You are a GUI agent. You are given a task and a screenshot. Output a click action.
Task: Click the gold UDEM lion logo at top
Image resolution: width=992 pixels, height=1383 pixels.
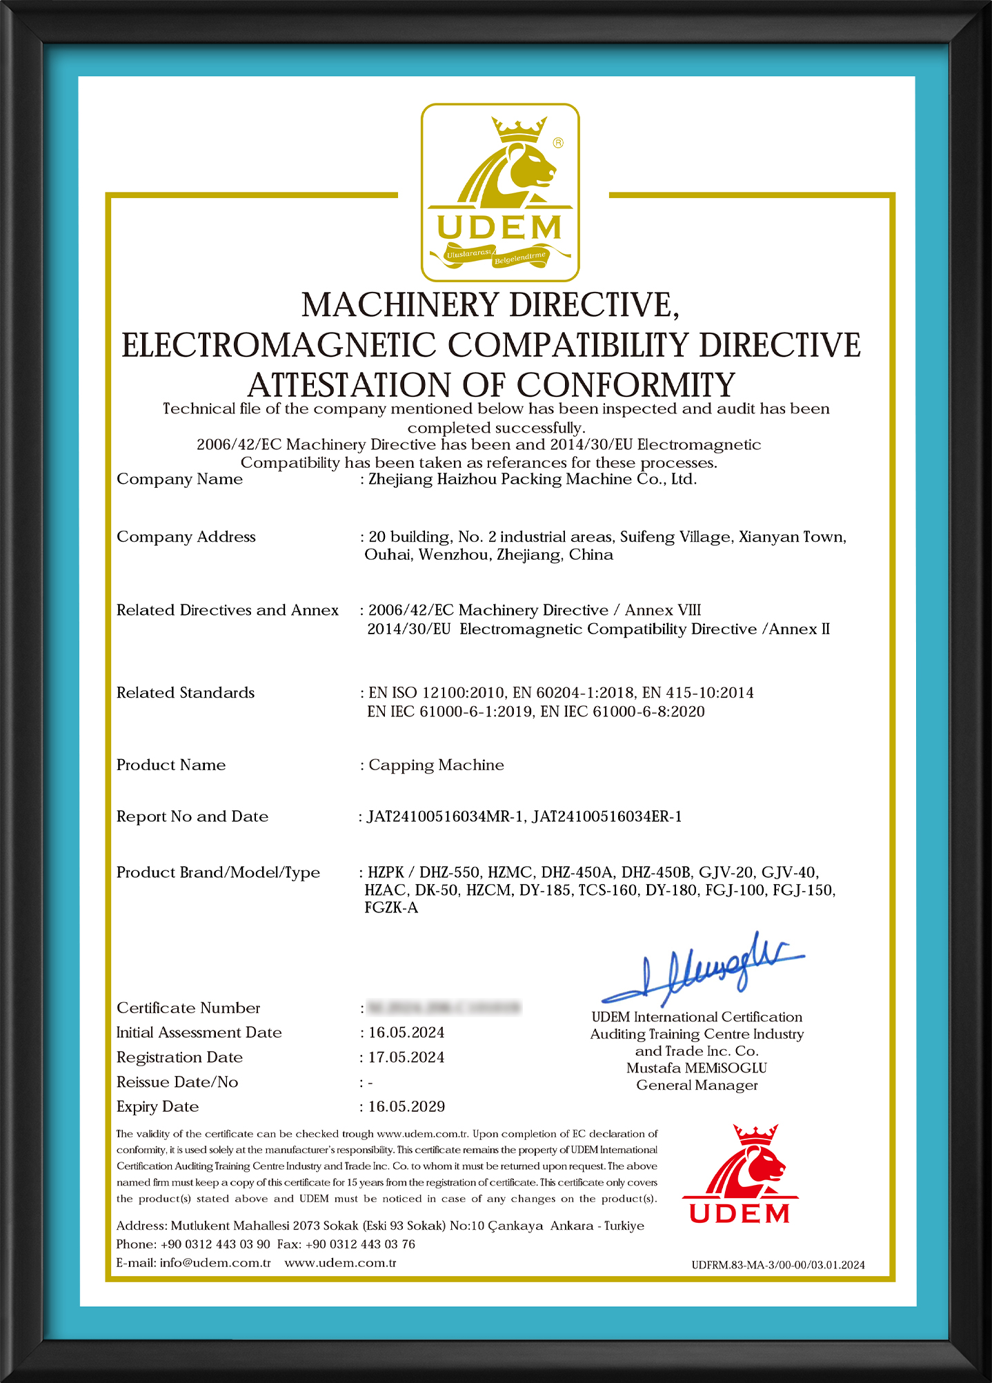pos(500,192)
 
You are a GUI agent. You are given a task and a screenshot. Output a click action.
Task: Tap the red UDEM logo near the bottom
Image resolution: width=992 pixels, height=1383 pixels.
pos(740,1175)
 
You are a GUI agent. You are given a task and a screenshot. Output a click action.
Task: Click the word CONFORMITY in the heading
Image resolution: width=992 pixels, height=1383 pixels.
pos(626,385)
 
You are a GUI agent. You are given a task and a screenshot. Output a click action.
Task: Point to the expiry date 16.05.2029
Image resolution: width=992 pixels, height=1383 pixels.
pos(406,1107)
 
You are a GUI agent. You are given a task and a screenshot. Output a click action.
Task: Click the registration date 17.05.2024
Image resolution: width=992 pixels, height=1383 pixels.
pos(406,1057)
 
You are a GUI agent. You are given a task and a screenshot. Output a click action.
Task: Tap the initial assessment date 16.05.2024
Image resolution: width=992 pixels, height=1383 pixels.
pos(406,1032)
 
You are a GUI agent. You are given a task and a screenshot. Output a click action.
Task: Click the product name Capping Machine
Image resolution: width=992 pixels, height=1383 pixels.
pos(436,765)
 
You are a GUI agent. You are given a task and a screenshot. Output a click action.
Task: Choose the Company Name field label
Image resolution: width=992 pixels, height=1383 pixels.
pos(179,479)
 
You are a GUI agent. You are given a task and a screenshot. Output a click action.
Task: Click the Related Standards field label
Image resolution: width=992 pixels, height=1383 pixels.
pos(186,693)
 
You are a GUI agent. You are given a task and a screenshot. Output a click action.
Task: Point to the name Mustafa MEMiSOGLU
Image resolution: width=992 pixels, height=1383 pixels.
pos(697,1068)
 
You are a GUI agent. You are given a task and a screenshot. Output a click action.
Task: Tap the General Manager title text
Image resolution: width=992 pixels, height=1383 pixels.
pos(697,1086)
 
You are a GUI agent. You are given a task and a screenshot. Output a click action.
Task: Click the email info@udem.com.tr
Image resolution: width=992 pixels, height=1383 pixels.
pos(215,1263)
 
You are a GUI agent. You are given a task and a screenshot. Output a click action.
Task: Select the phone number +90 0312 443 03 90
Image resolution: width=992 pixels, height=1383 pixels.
pos(215,1244)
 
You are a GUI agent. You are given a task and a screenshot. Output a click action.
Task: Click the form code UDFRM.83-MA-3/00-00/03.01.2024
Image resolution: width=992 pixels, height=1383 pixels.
pos(778,1265)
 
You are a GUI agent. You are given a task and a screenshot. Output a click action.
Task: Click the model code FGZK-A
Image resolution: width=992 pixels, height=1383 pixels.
pos(391,908)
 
